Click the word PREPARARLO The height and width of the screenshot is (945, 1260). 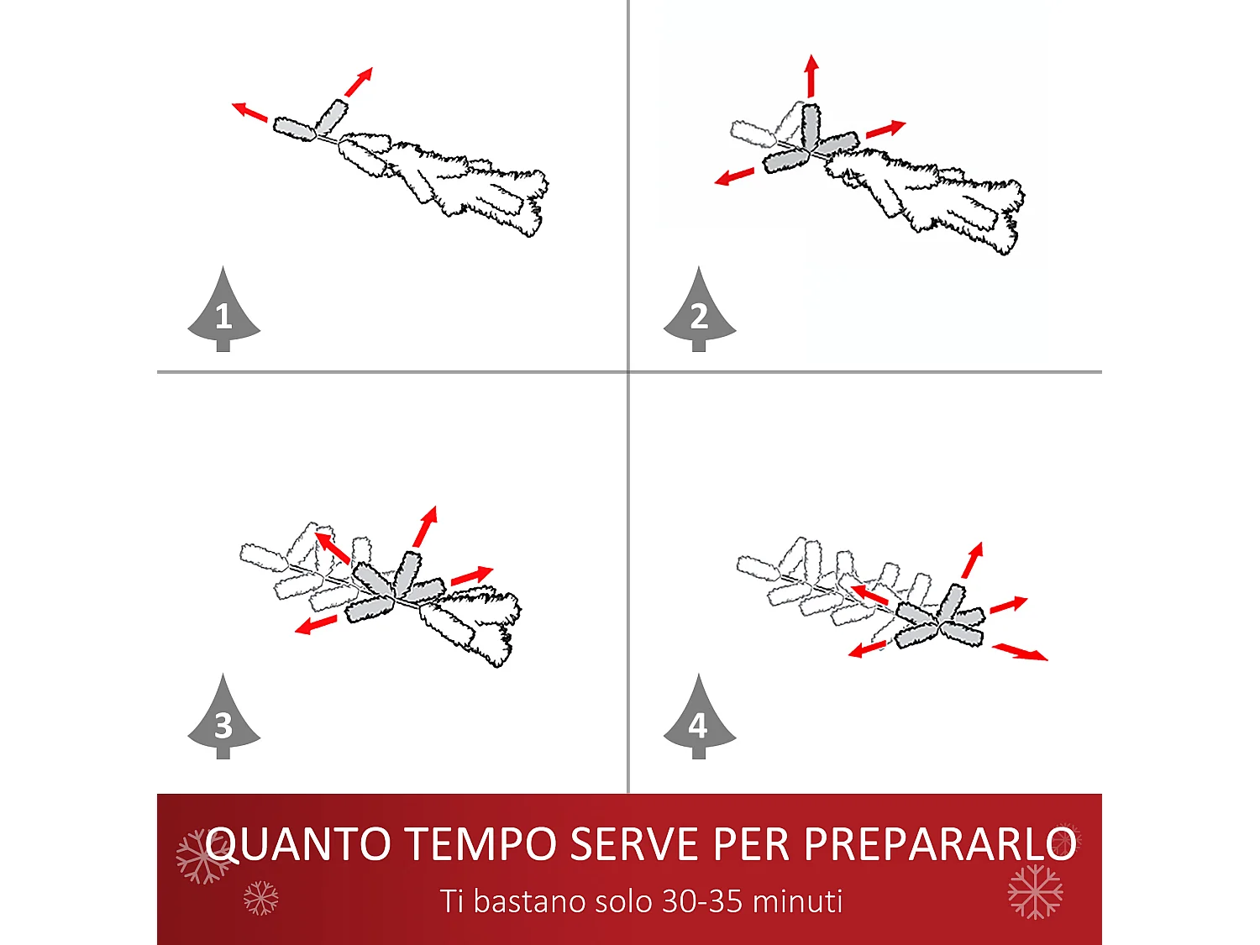click(939, 844)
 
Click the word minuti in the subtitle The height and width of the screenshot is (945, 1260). click(797, 901)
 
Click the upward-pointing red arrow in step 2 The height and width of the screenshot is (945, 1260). click(811, 76)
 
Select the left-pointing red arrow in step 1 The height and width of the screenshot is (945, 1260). click(249, 111)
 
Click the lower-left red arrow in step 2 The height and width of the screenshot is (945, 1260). click(734, 176)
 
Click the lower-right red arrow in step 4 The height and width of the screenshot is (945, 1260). click(1020, 652)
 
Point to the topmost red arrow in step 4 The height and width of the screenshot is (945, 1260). click(972, 560)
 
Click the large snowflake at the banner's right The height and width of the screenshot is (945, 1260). click(1035, 891)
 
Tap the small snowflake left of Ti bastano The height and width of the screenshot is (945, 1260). click(260, 898)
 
